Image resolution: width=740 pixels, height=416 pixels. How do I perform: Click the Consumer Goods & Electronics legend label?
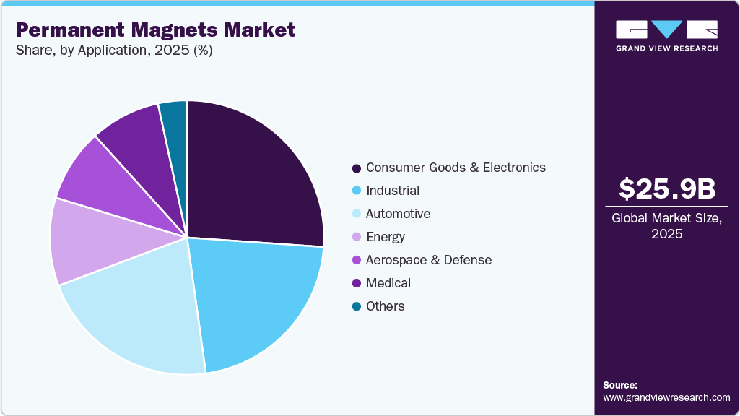456,168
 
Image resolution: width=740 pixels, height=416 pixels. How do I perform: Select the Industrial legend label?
393,191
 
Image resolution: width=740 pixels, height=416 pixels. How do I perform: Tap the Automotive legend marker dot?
356,214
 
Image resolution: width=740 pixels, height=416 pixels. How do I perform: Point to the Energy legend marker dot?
356,238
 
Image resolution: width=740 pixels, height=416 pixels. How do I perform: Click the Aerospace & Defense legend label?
429,260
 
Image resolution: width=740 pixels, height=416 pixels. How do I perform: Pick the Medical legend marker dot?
356,284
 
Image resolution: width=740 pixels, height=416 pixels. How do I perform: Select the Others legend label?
386,306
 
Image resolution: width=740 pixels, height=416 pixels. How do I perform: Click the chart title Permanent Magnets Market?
155,30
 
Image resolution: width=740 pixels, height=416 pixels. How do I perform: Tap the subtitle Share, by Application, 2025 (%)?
114,51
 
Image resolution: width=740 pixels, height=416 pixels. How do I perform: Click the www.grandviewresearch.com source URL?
666,397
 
